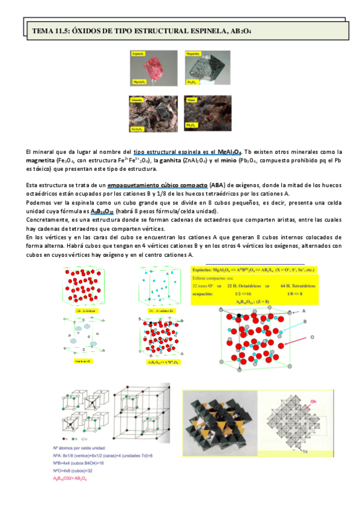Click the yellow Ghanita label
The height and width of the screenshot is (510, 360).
(x=136, y=99)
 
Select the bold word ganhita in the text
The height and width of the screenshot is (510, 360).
(x=166, y=161)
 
